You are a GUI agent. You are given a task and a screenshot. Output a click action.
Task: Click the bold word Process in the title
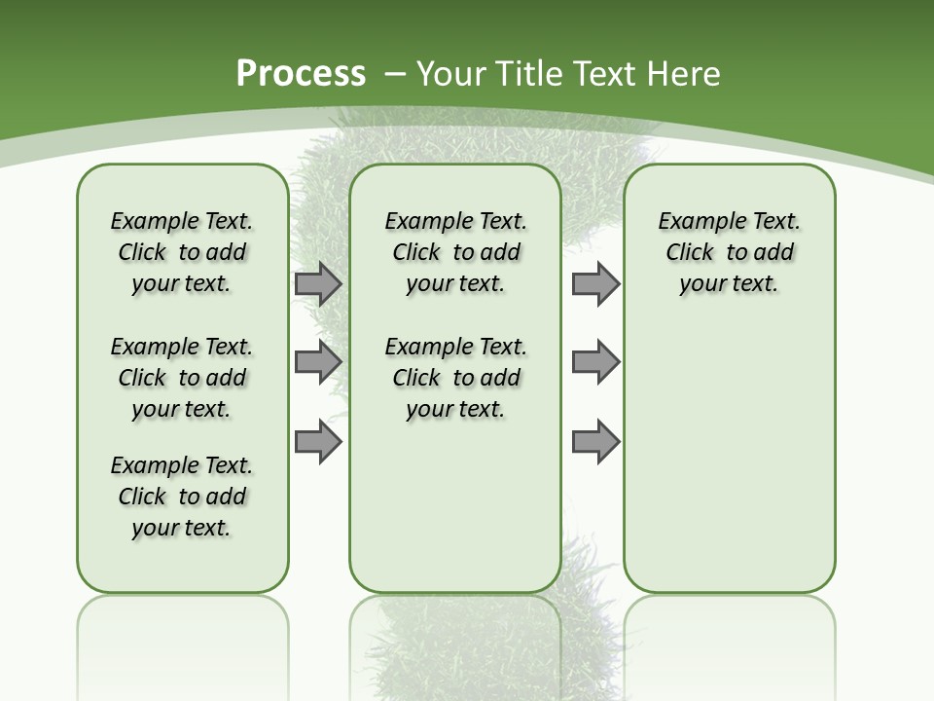(301, 74)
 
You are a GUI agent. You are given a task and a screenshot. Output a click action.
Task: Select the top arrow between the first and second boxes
(318, 284)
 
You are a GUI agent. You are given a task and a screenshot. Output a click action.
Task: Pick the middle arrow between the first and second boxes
(318, 362)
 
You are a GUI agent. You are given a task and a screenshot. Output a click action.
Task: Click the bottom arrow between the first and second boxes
(318, 441)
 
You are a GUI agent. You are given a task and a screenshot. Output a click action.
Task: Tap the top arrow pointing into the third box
(595, 284)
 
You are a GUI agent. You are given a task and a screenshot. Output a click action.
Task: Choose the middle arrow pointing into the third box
(595, 362)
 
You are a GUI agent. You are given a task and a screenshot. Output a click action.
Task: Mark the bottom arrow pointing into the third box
(595, 441)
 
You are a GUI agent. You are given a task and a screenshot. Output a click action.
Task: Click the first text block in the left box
(182, 252)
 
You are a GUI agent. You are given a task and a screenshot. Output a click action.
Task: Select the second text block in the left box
(182, 378)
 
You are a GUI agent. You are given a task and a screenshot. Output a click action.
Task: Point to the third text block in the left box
(182, 497)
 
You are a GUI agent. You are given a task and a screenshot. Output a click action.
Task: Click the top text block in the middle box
(455, 252)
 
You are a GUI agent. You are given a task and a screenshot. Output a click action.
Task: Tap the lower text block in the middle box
(455, 378)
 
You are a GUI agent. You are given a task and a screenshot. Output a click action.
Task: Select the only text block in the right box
(729, 252)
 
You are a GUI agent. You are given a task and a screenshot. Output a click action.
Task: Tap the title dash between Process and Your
(395, 74)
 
